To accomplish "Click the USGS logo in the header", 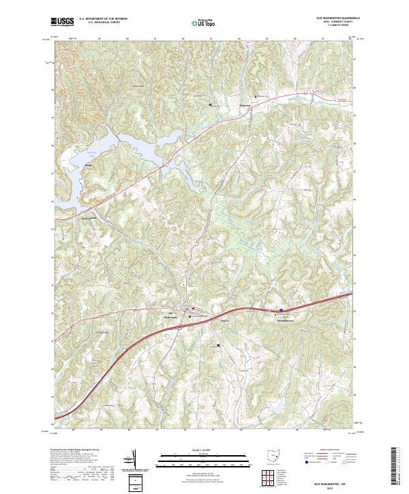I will [63, 22].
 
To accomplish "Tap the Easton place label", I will [225, 321].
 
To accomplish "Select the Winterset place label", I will [246, 106].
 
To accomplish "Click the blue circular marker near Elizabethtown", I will [281, 309].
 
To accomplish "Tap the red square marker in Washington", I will [193, 308].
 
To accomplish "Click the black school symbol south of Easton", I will [218, 345].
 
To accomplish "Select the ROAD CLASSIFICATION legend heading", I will [331, 450].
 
